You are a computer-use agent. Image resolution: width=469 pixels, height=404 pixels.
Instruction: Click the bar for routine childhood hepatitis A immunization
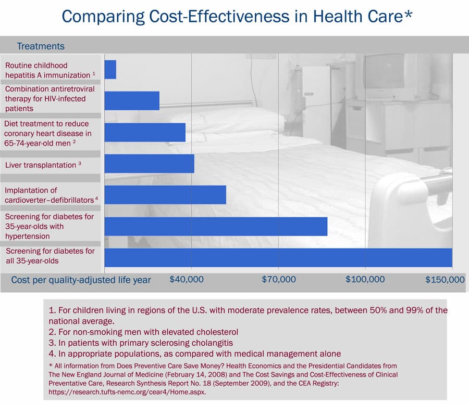tap(110, 70)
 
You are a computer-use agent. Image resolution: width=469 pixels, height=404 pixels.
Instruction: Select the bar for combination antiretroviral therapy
tap(132, 100)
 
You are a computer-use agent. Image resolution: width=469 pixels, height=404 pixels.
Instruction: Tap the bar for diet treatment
tap(145, 132)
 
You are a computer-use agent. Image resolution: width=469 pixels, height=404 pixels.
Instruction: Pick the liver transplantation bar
tap(149, 164)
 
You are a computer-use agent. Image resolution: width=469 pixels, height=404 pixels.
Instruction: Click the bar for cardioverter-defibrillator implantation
tap(165, 194)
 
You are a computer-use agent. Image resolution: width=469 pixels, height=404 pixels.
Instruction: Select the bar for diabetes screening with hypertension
tap(216, 226)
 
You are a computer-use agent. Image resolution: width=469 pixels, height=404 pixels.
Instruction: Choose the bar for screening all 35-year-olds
tap(278, 257)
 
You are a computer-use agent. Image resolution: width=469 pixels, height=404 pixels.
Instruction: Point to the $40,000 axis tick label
tap(187, 280)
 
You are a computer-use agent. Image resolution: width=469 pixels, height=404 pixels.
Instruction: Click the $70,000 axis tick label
tap(278, 280)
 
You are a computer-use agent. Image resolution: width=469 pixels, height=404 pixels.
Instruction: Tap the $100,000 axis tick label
tap(365, 280)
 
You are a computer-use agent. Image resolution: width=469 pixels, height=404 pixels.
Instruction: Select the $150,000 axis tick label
tap(445, 280)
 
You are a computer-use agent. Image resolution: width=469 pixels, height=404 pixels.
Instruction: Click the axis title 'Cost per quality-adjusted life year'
tap(81, 280)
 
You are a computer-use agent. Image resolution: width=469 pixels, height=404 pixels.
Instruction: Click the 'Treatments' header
tap(41, 46)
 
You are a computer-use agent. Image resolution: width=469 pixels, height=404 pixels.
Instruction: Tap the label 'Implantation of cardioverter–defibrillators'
tap(51, 195)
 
